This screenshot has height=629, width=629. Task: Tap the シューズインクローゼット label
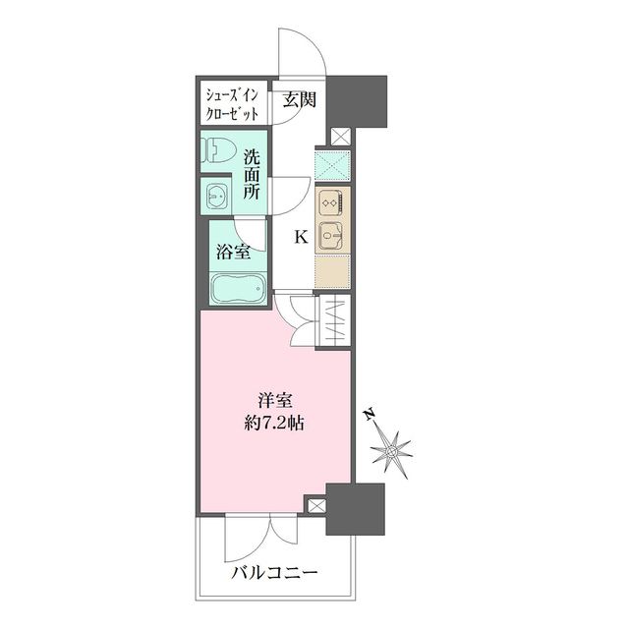[232, 103]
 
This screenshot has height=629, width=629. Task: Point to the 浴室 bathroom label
[232, 251]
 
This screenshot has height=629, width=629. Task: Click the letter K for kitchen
[302, 237]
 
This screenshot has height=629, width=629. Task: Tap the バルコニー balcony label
[274, 572]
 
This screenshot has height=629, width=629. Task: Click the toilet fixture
[219, 149]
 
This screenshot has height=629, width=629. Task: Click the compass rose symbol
[395, 451]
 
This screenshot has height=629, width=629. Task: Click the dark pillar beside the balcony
[356, 511]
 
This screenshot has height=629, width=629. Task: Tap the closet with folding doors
[331, 320]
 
